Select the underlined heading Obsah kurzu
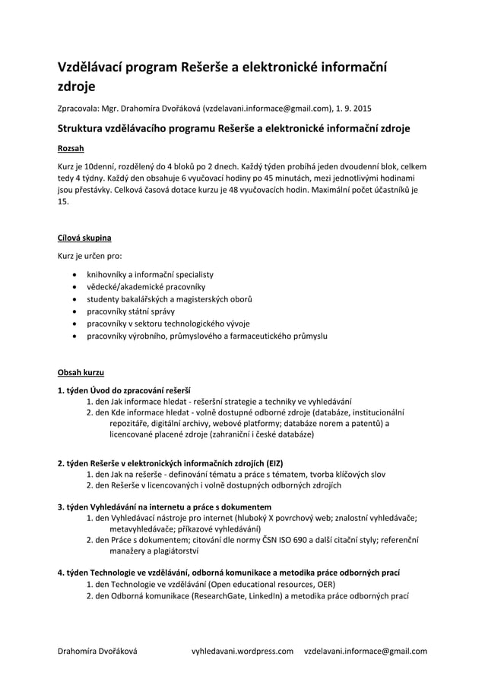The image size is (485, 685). coord(81,372)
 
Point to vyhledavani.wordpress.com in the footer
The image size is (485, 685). coord(242,651)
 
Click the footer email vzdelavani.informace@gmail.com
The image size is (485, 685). coord(365,651)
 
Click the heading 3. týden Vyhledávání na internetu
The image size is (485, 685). coord(164,507)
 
